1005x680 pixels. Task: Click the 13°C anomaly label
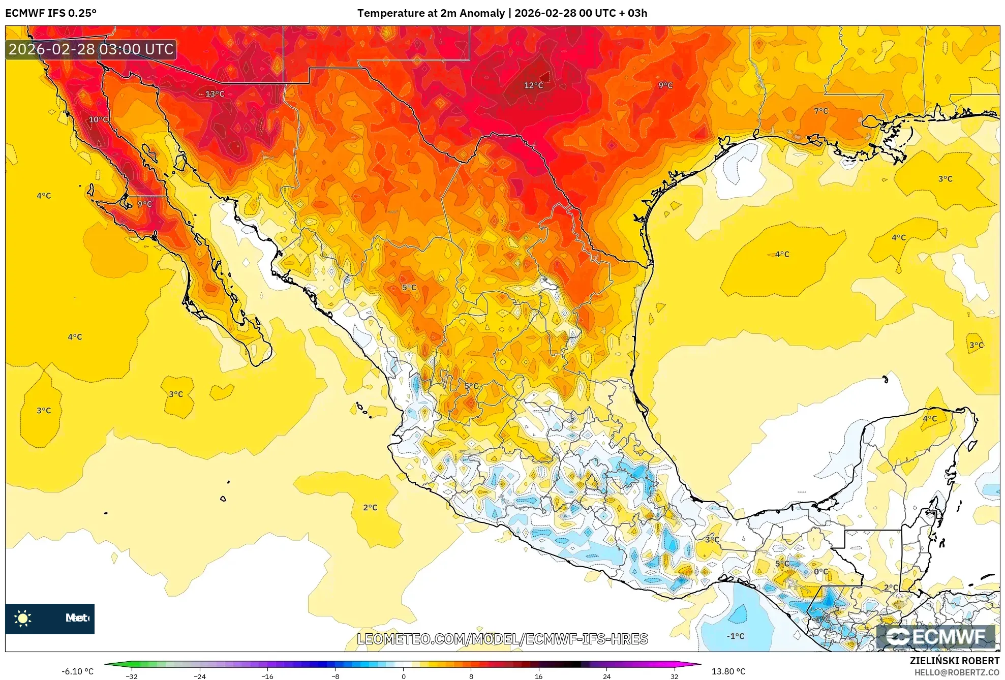tap(215, 94)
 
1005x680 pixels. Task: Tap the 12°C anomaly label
tap(533, 85)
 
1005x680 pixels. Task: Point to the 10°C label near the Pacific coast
tap(98, 119)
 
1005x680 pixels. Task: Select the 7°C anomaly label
tap(820, 111)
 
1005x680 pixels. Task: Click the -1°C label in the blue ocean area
tap(735, 636)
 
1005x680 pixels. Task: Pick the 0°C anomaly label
tap(820, 572)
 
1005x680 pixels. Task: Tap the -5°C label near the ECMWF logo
tap(821, 619)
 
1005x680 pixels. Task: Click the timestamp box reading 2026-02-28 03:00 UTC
tap(91, 49)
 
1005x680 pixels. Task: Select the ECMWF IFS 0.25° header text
tap(51, 13)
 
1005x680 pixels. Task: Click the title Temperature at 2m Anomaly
tap(431, 13)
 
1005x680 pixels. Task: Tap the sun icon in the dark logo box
tap(23, 618)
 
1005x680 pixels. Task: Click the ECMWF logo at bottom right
tap(935, 637)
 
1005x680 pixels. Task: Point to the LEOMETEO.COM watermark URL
tap(502, 639)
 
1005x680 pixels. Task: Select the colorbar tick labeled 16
tap(538, 676)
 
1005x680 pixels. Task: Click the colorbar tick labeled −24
tap(199, 676)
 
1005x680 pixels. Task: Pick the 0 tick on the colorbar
tap(403, 676)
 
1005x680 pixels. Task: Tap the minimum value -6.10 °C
tap(77, 671)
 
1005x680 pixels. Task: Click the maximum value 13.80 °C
tap(728, 671)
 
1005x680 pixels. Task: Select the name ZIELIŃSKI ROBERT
tap(954, 661)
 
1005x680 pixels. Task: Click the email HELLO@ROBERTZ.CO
tap(957, 672)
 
